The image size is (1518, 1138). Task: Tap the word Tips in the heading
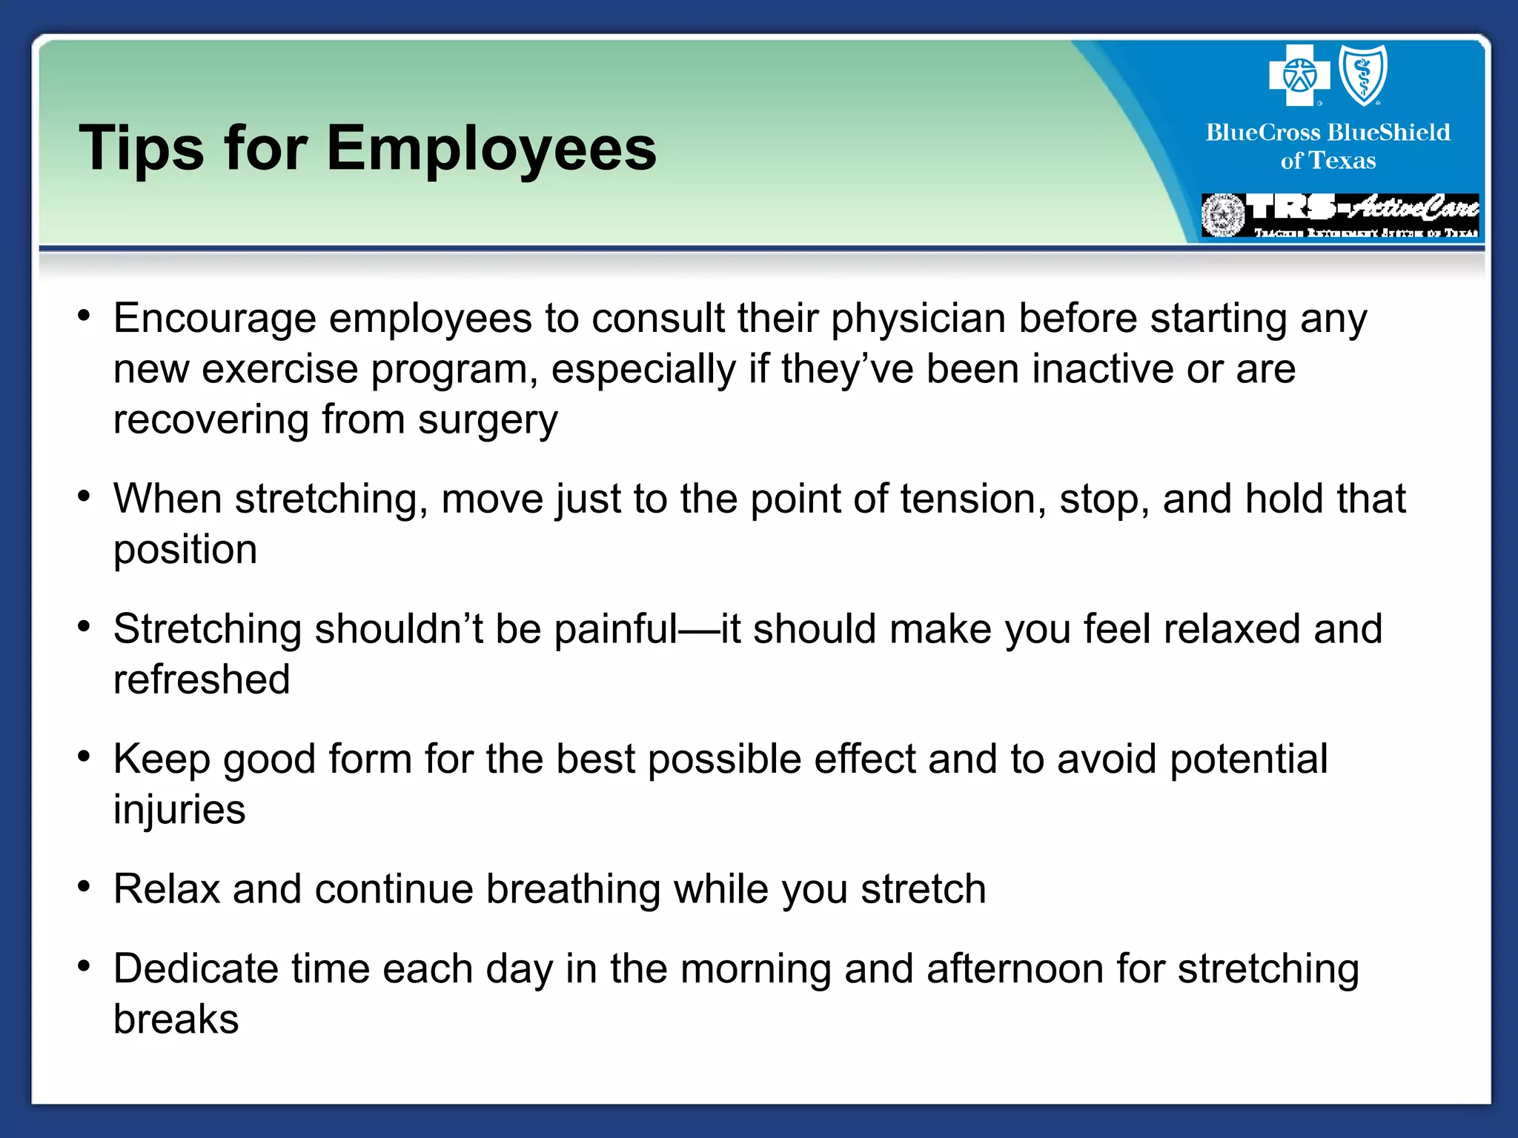pos(141,148)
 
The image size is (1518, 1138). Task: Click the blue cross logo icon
pos(1299,75)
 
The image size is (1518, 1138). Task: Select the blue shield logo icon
pos(1362,75)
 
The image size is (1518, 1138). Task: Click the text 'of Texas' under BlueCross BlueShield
pos(1328,161)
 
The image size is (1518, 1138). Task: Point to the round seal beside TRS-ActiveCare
pos(1223,215)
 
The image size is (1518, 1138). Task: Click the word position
pos(185,550)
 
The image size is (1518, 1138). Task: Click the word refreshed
pos(201,679)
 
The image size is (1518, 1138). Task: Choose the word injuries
pos(179,810)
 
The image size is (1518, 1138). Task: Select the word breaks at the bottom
pos(176,1019)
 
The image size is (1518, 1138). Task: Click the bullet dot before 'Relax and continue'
pos(84,886)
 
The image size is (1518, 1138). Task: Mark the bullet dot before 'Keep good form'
pos(84,756)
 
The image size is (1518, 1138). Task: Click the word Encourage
pos(214,319)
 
